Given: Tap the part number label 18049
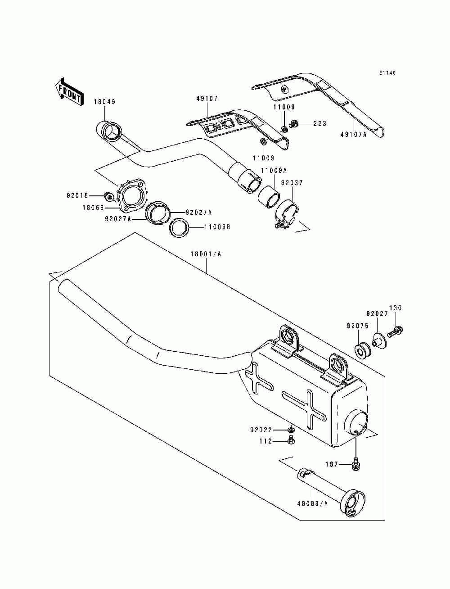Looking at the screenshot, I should pos(104,102).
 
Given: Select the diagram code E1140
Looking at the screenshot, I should pos(387,72).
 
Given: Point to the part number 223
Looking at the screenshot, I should pos(320,123).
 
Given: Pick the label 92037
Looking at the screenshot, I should pos(292,183).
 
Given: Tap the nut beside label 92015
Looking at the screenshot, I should pos(108,196).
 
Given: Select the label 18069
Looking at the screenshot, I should pos(93,208).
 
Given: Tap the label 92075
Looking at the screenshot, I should pos(357,325).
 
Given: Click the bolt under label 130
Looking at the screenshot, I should pos(396,331).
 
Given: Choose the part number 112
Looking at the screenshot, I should pos(265,441).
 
